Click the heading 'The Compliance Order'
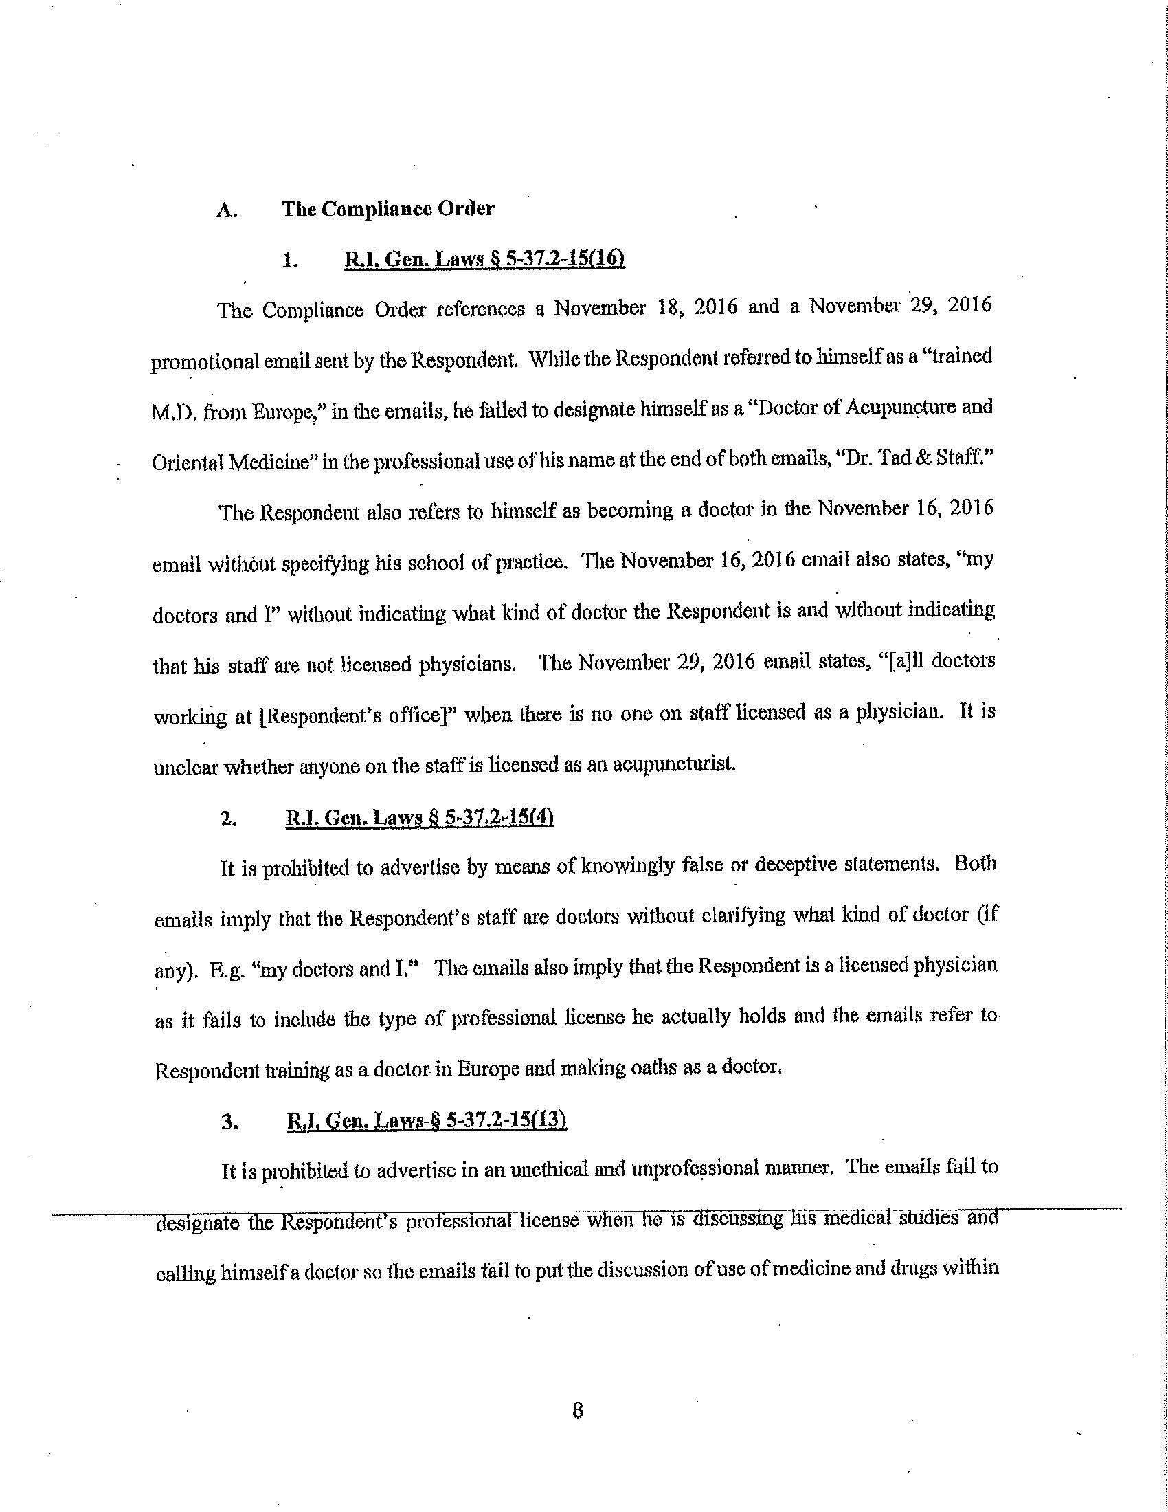(x=388, y=209)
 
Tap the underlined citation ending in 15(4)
(x=420, y=819)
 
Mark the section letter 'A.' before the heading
(x=225, y=211)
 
